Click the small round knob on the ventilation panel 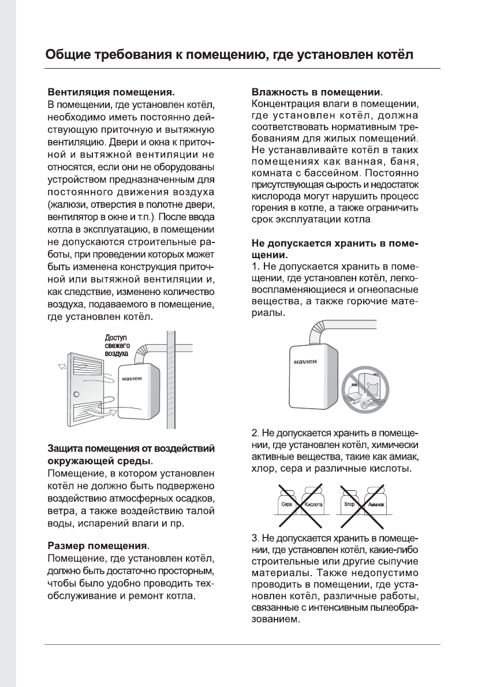click(77, 394)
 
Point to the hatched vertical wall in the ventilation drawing click(170, 381)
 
